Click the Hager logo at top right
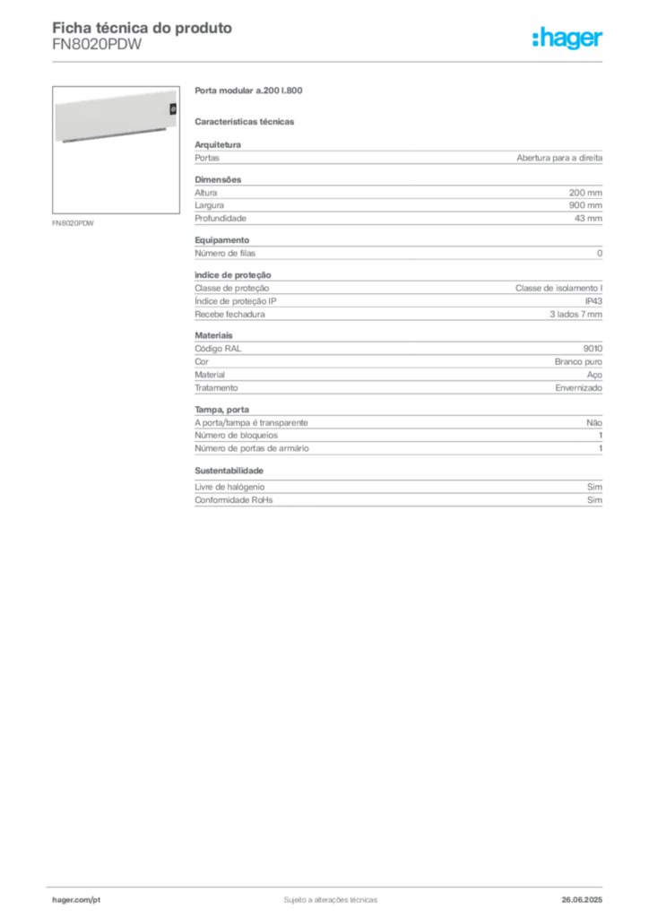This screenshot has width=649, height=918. tap(567, 39)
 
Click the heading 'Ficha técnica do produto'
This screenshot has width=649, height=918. tap(143, 28)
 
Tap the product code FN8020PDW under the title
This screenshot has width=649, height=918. tap(97, 45)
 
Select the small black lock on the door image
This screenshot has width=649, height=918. tap(173, 108)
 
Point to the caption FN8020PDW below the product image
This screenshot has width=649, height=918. tap(73, 223)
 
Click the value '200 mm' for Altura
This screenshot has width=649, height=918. tap(585, 193)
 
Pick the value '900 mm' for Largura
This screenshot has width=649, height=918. tap(585, 205)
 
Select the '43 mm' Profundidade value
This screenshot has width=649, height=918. tap(588, 219)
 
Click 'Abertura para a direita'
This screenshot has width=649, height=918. tap(558, 158)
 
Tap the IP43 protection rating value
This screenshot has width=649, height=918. tap(593, 301)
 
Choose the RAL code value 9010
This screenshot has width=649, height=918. tap(593, 349)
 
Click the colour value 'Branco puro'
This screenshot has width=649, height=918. tap(578, 362)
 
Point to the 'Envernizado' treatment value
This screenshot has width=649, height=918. tap(578, 387)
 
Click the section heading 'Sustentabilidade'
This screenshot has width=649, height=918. tap(229, 471)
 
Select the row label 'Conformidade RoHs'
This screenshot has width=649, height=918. tap(233, 500)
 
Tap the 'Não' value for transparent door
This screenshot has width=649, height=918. tap(594, 423)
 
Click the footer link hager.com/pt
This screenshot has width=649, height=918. tap(76, 900)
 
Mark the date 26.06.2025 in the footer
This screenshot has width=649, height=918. tap(582, 900)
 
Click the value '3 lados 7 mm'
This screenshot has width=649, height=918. tap(575, 315)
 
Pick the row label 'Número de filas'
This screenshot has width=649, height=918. tap(225, 254)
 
